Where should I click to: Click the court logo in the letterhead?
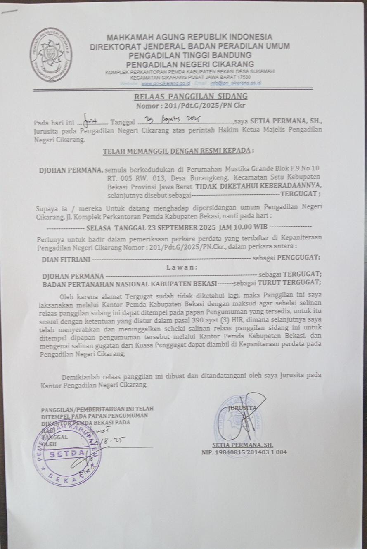click(x=51, y=54)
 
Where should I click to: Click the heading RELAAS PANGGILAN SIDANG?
click(x=190, y=97)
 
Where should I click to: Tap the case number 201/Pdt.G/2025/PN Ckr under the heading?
click(x=199, y=106)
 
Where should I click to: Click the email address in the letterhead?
click(x=235, y=83)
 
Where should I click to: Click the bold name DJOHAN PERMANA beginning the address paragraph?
click(x=71, y=169)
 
